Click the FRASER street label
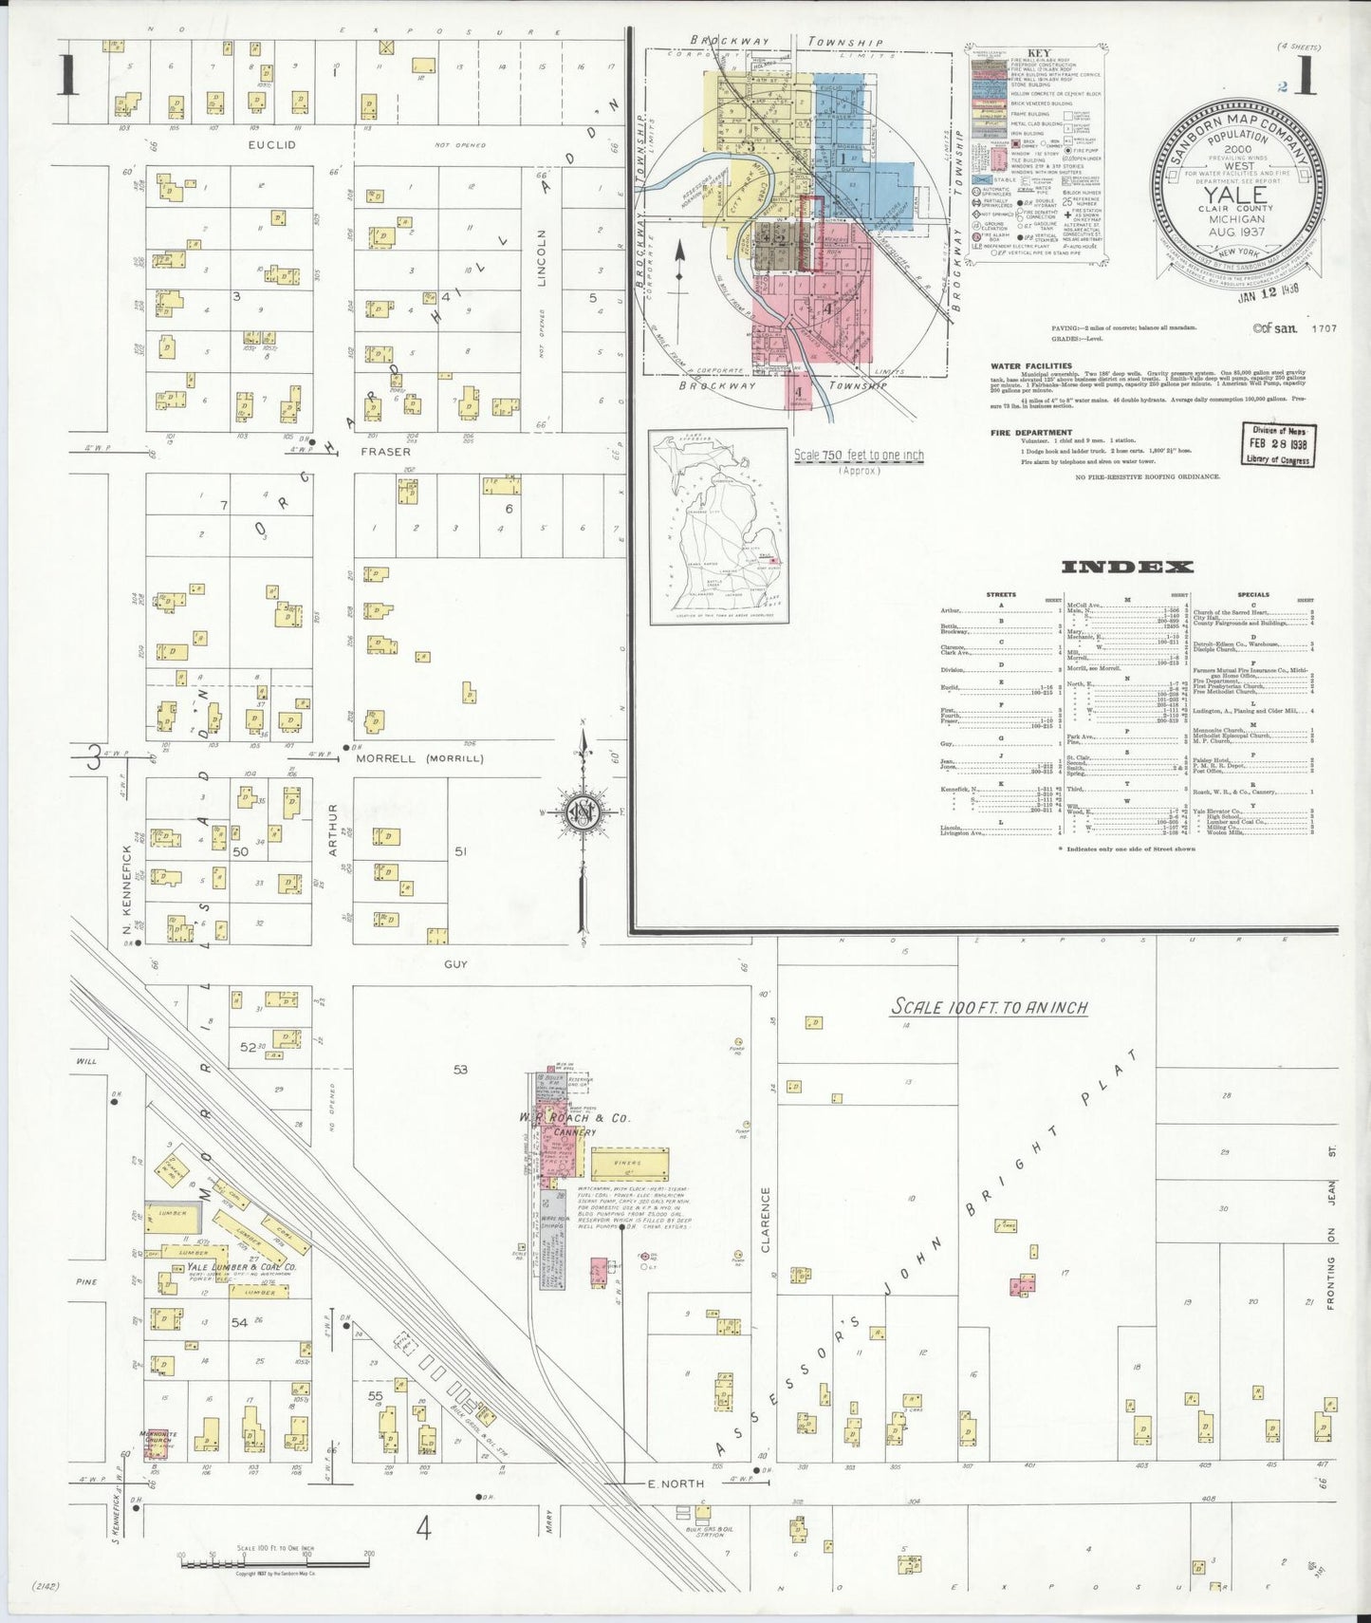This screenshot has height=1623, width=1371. (384, 453)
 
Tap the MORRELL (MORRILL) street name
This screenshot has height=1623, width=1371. (419, 758)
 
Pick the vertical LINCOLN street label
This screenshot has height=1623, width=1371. (544, 258)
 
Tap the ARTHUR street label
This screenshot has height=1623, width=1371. (334, 830)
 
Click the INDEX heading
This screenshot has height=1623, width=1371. (1126, 568)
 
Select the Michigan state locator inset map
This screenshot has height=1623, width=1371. (718, 527)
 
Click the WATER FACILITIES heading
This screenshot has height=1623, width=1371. (1030, 365)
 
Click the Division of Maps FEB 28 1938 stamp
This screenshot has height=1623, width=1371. (1276, 444)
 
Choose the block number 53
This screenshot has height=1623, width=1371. (460, 1070)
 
